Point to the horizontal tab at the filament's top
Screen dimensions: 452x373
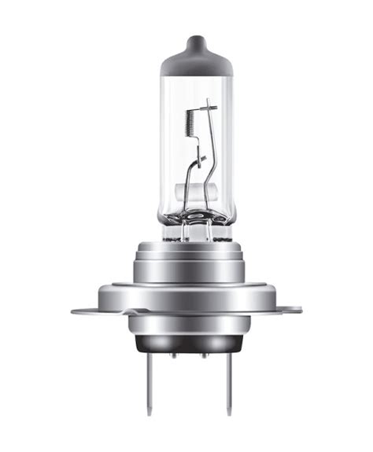[x=207, y=105]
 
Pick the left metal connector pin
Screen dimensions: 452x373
[x=148, y=385]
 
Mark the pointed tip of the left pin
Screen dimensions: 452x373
[x=148, y=413]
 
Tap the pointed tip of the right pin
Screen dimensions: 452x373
[x=229, y=413]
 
